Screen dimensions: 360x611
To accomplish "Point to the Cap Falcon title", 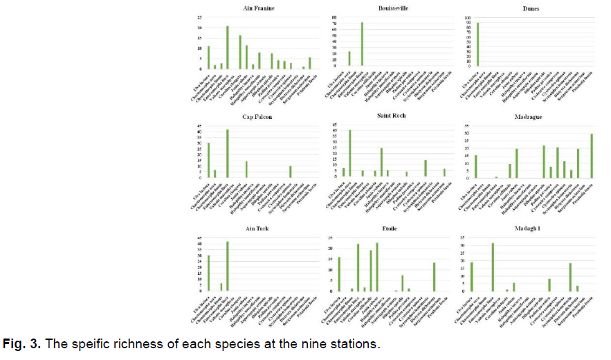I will click(257, 117).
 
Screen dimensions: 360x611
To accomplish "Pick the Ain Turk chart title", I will click(257, 227).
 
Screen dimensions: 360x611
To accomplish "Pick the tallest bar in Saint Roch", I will click(349, 153).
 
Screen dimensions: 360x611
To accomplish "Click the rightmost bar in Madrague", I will click(592, 156).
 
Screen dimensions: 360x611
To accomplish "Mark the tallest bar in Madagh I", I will click(493, 267).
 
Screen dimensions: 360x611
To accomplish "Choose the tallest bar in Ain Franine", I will click(227, 47).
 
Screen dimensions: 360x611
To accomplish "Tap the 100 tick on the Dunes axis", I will click(465, 17).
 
